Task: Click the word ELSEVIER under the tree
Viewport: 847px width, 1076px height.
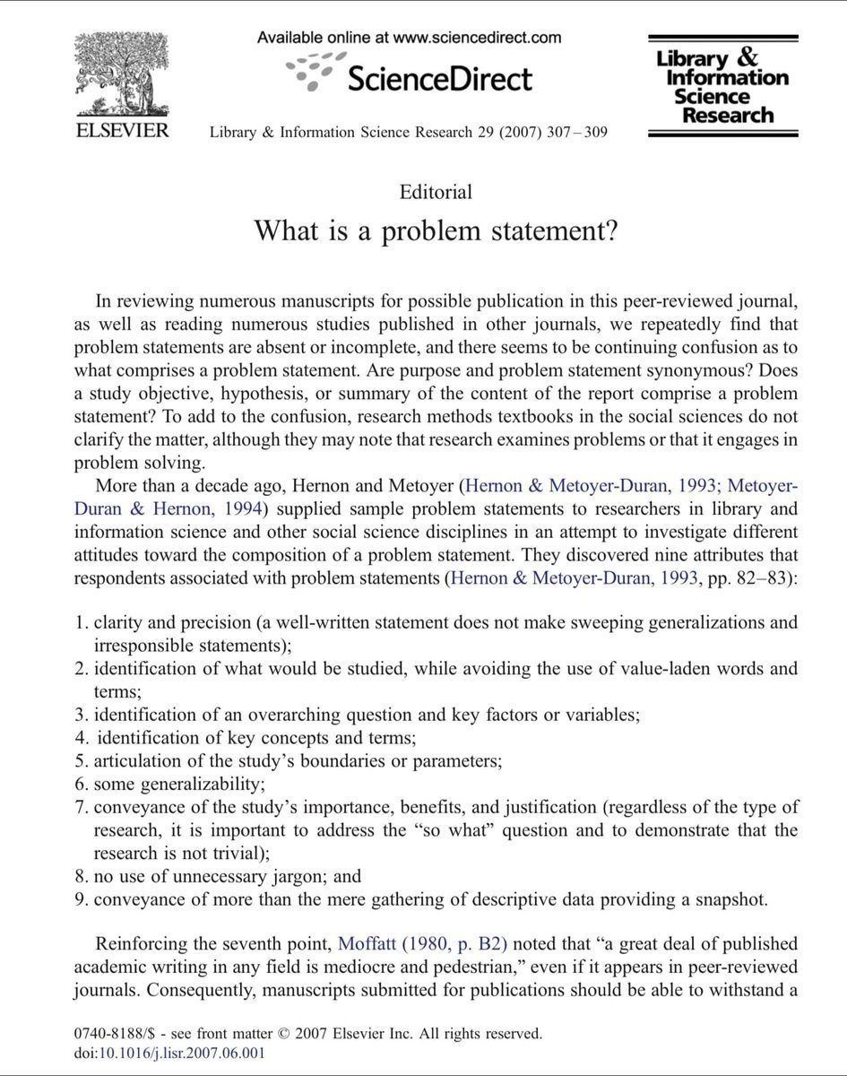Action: [121, 131]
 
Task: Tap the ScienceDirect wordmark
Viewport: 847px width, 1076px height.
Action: [439, 78]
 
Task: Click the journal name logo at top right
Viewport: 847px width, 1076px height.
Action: [722, 87]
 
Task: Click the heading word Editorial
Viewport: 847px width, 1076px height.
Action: [436, 191]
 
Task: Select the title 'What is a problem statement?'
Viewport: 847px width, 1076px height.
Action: [436, 230]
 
